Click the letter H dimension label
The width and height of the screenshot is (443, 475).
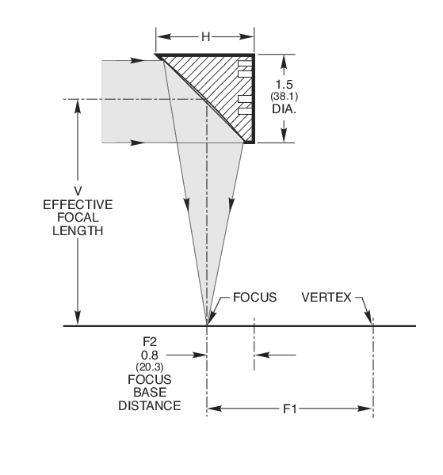point(204,36)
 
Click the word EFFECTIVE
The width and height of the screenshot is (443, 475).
point(77,204)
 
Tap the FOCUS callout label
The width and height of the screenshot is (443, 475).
point(254,299)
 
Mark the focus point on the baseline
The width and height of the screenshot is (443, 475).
point(207,325)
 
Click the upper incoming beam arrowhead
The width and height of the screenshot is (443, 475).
point(137,59)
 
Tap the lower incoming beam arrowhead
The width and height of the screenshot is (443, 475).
point(137,143)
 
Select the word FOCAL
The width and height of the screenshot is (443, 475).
point(77,218)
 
